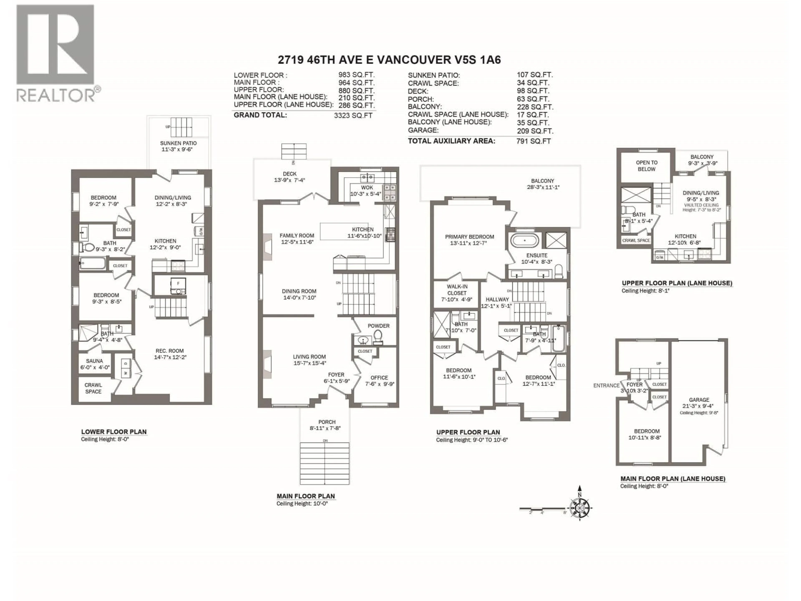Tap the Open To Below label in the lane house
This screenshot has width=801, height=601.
(x=646, y=165)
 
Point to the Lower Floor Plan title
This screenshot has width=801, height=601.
(x=114, y=432)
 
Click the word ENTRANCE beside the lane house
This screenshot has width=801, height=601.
(x=606, y=385)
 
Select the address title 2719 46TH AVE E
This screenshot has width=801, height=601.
(x=389, y=60)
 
